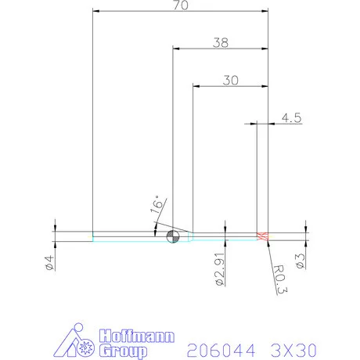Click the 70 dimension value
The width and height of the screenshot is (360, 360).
coord(181,6)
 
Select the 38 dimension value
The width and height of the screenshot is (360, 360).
coord(221,43)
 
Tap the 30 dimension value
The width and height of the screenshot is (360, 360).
coord(231,80)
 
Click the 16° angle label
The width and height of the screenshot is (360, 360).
coord(157,206)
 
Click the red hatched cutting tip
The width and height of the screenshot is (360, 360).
coord(263,236)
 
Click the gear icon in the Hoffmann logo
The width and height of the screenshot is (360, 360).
coord(88,345)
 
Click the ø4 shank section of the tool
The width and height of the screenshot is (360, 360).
coord(125,236)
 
